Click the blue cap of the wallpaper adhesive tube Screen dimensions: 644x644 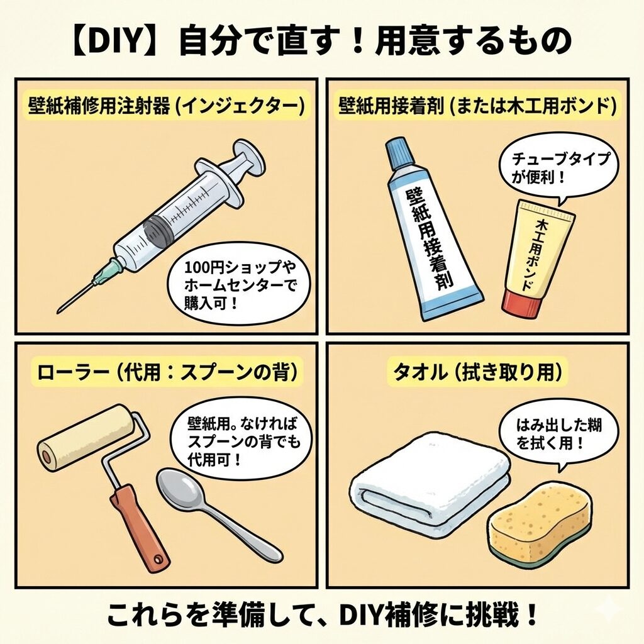click(x=398, y=155)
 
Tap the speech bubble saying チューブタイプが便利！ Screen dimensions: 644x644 click(x=558, y=169)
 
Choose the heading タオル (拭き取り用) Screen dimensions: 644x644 click(x=478, y=372)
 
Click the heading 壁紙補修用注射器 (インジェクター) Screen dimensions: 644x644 click(x=167, y=106)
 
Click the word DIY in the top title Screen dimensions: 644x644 click(x=113, y=41)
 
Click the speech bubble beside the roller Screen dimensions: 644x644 click(x=241, y=440)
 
